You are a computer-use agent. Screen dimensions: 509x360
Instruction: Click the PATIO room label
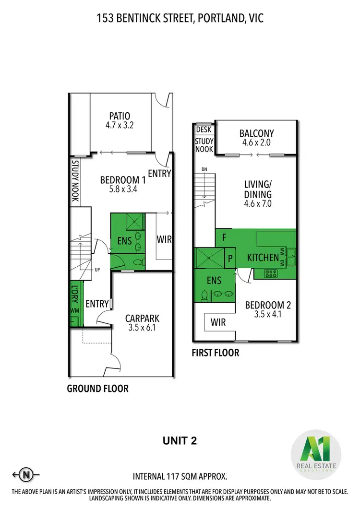pyautogui.click(x=120, y=116)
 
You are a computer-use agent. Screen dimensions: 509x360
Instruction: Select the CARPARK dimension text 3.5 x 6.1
pyautogui.click(x=142, y=328)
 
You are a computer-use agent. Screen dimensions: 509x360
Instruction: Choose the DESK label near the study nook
pyautogui.click(x=204, y=129)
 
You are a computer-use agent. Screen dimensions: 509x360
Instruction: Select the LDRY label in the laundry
pyautogui.click(x=75, y=293)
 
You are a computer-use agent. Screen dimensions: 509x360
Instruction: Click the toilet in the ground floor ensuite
pyautogui.click(x=138, y=262)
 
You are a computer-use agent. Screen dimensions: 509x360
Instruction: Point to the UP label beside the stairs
pyautogui.click(x=97, y=270)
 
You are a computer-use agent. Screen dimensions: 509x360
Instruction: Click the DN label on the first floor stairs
pyautogui.click(x=204, y=169)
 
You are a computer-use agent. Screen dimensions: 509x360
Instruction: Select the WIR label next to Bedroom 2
pyautogui.click(x=218, y=321)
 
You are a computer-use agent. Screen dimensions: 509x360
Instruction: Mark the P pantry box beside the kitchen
pyautogui.click(x=230, y=258)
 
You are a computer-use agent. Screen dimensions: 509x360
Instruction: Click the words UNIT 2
pyautogui.click(x=180, y=439)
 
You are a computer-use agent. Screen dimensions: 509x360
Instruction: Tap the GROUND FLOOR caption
pyautogui.click(x=97, y=388)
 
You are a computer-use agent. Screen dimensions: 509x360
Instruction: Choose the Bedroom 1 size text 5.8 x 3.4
pyautogui.click(x=122, y=189)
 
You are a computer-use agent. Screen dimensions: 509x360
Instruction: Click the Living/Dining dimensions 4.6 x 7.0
pyautogui.click(x=258, y=203)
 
